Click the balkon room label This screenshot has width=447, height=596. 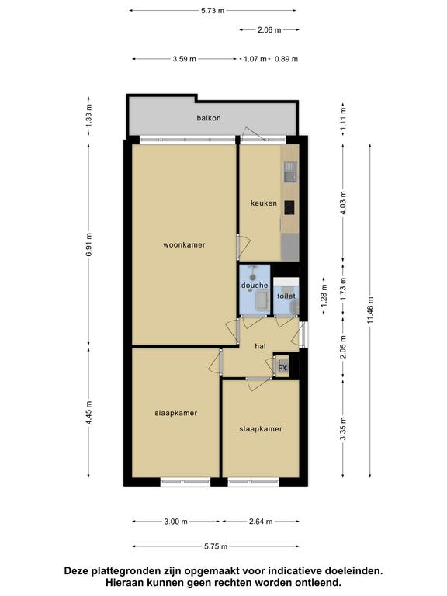point(209,118)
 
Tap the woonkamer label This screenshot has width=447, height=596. point(185,244)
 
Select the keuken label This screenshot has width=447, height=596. point(264,203)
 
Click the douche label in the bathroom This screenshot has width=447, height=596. point(255,285)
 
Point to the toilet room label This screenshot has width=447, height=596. point(286,296)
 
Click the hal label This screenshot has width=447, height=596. point(261,346)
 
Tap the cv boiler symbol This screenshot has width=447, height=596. point(283,367)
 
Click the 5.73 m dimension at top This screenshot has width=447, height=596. point(213,11)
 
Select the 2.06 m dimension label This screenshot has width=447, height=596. point(269,29)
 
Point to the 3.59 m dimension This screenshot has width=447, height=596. point(185,59)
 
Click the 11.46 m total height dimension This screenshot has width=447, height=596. point(371,310)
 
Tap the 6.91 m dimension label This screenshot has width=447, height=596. point(89,244)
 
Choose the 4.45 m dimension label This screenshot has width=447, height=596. point(89,413)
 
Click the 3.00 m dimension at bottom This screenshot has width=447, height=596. point(176,521)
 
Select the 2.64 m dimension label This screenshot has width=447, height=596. point(261,521)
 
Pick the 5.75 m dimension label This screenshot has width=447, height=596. point(216,546)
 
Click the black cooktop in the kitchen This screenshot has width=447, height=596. point(289,207)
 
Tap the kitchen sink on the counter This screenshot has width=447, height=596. point(290,172)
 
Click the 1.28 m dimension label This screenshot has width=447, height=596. point(324,296)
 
